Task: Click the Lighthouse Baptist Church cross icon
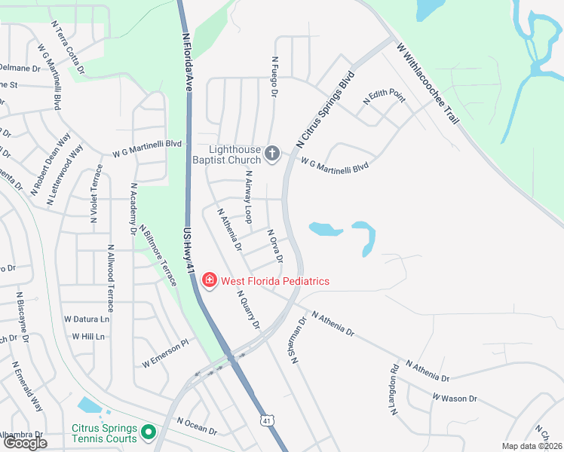pos(273,155)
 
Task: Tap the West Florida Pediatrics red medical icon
pos(209,281)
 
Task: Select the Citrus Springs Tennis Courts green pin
pos(149,432)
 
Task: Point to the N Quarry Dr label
pos(248,310)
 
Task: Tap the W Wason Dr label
pos(455,397)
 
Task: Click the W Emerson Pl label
pos(164,355)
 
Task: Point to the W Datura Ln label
pos(87,319)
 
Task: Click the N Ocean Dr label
pos(197,426)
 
